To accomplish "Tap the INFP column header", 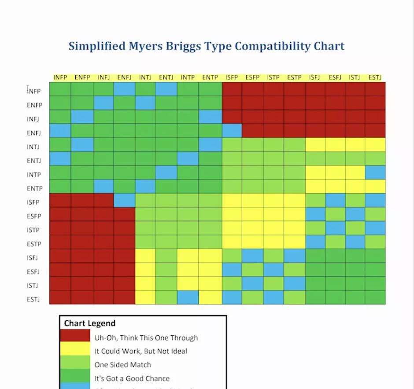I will pos(60,77).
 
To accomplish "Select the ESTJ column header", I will pos(375,77).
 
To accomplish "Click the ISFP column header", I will pos(231,77).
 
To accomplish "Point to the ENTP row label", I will pos(34,188).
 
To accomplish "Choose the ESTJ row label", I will pos(34,300).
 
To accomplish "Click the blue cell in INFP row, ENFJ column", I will pos(124,89).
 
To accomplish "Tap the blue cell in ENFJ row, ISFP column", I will pos(232,131).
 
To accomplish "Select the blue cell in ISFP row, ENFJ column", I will pos(124,200).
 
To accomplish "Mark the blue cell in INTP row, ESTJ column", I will pos(375,172).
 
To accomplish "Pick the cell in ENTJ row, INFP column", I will pos(60,159).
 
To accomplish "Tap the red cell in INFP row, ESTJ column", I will pos(375,89).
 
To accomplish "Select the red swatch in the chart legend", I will pos(75,338).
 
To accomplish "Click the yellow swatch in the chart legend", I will pos(75,351).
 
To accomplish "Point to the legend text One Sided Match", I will pos(122,364).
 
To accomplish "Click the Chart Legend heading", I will pos(89,323).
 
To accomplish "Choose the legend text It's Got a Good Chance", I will pos(132,378).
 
